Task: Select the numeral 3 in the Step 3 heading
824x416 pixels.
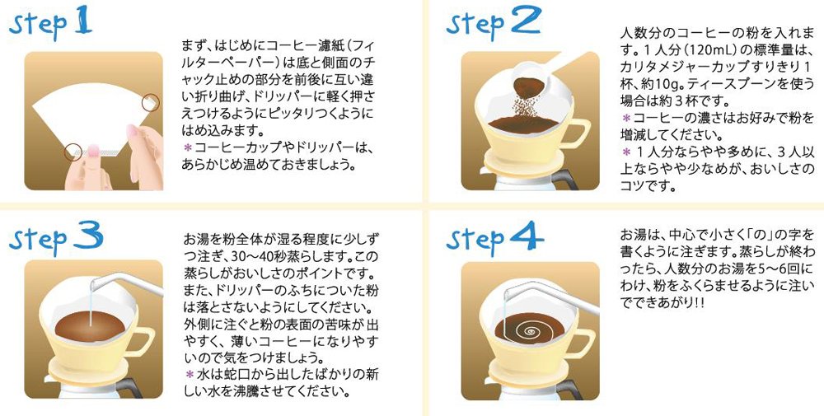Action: click(x=87, y=237)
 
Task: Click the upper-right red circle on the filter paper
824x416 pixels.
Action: click(x=151, y=102)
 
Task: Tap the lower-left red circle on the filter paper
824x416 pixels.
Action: click(x=73, y=152)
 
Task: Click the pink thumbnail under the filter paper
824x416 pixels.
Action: click(x=92, y=152)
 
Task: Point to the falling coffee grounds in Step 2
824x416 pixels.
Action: click(x=523, y=106)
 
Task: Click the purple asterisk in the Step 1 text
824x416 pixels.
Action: click(x=186, y=147)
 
